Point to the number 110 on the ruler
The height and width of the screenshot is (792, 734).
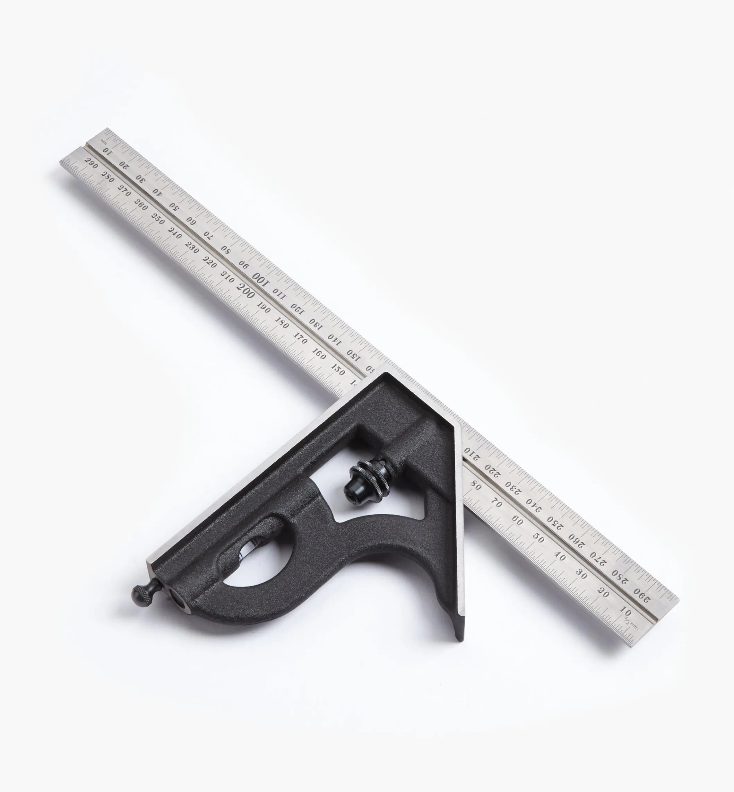[x=279, y=293]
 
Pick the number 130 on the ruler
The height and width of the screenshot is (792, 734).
[x=315, y=324]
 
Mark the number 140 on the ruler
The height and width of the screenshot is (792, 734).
[x=334, y=339]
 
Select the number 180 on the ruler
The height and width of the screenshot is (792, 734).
[x=282, y=322]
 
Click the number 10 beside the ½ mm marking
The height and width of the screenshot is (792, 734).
[x=625, y=610]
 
